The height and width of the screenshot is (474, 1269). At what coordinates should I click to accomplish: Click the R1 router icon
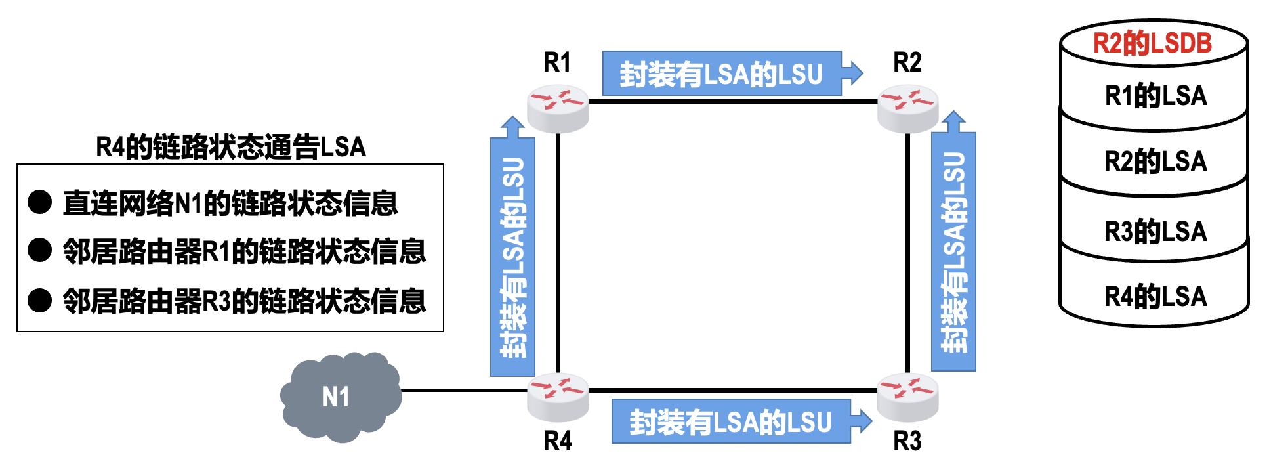click(558, 107)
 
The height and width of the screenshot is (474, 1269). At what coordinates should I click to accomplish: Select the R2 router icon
click(908, 107)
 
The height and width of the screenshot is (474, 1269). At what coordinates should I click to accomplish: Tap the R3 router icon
click(908, 396)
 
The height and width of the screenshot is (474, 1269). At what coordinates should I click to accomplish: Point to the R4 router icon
click(558, 396)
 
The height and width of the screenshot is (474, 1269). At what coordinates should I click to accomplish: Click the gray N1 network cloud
click(340, 397)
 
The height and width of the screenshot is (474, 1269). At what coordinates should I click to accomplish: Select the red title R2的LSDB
click(1152, 43)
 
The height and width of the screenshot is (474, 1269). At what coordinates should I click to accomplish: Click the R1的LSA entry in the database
click(1155, 96)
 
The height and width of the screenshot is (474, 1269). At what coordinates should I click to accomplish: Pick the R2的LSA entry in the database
click(1155, 162)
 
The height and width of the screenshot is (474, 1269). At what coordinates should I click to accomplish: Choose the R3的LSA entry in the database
click(1155, 231)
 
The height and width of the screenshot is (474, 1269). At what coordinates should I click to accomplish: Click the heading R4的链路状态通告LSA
click(231, 147)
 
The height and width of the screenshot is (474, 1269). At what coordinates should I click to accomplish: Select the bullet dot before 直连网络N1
click(40, 202)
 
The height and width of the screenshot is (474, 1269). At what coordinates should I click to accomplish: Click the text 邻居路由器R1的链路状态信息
click(244, 251)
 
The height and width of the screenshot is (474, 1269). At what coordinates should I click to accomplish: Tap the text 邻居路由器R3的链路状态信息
click(244, 301)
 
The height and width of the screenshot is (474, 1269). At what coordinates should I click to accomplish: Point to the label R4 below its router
click(558, 441)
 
